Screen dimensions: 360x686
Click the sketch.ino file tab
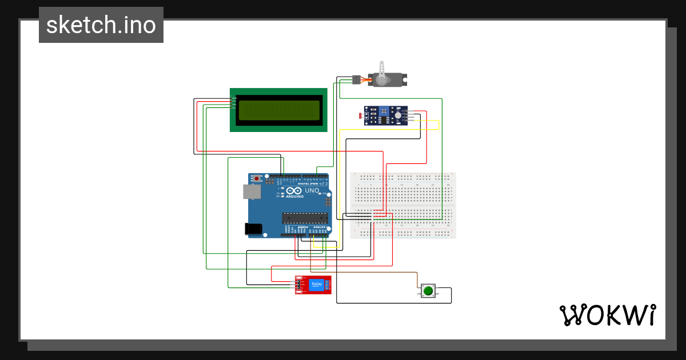pos(101,25)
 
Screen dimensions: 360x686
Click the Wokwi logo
pos(607,315)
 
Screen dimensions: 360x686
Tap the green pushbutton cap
pos(428,291)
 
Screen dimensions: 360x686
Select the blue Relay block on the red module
pos(316,285)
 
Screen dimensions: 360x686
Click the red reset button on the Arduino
pos(258,178)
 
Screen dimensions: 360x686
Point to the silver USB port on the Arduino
pos(252,191)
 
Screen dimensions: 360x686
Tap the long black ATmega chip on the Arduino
pos(305,217)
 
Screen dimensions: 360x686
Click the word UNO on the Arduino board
pos(312,190)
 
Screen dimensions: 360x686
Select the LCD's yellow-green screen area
pos(278,110)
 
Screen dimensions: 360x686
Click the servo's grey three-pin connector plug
pos(356,80)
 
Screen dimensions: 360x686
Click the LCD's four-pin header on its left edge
pos(234,103)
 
